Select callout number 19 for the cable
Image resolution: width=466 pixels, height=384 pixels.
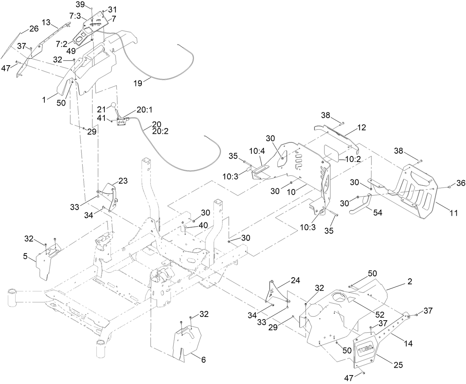(x=137, y=83)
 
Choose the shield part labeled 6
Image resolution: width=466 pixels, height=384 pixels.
(x=187, y=341)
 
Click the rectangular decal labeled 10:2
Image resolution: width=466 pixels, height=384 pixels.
(x=332, y=153)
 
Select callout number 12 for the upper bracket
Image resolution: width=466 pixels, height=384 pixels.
(x=362, y=128)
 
